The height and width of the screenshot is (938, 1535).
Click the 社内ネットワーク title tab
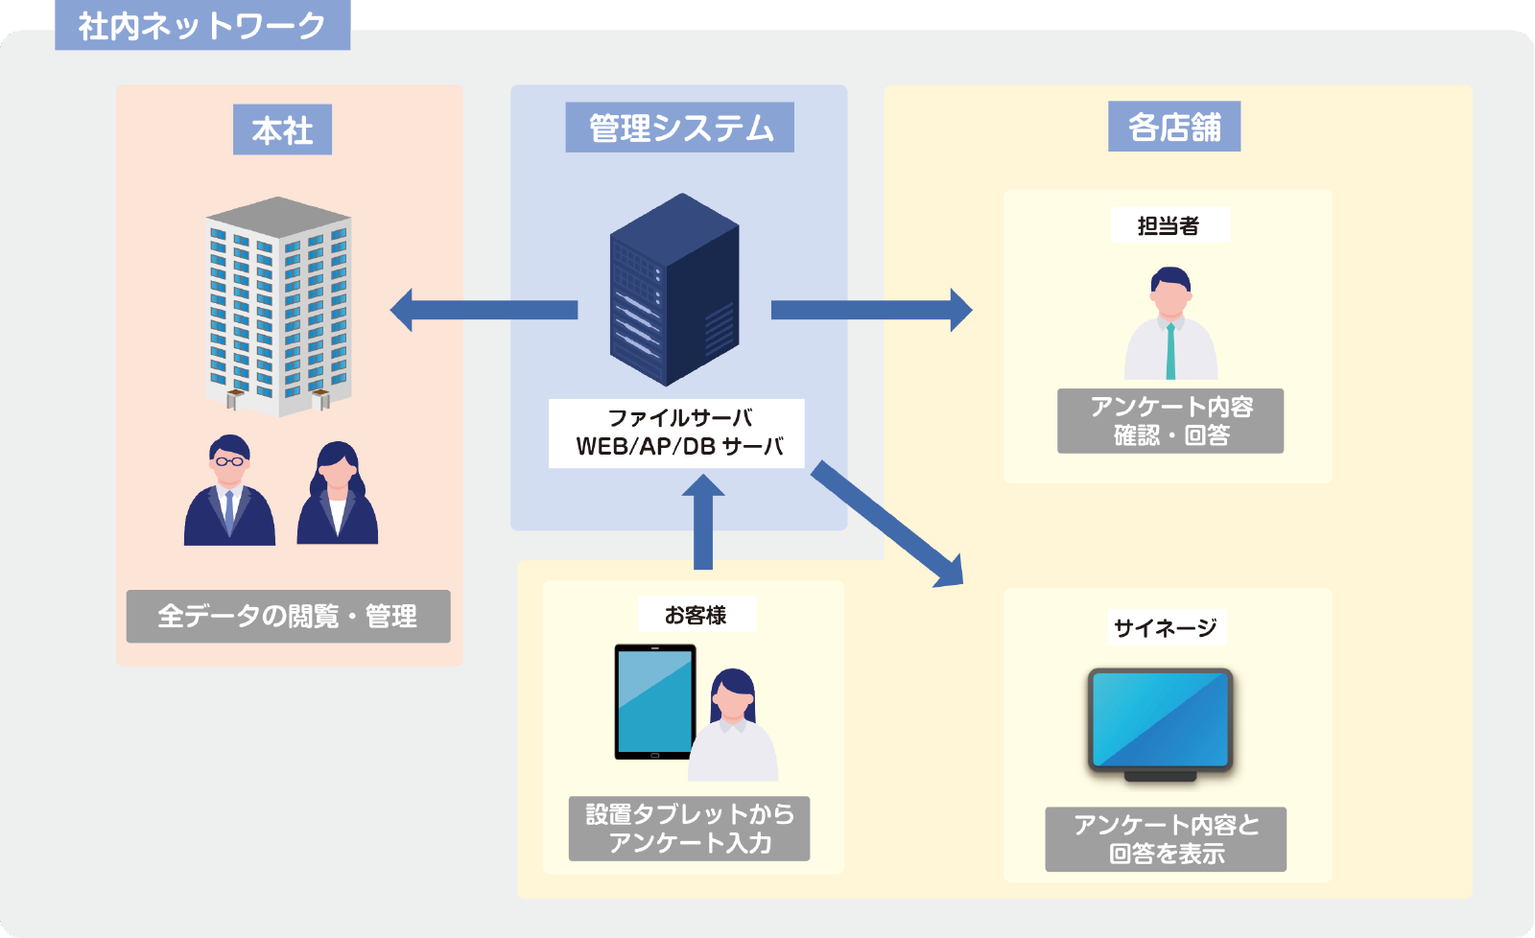[x=202, y=25]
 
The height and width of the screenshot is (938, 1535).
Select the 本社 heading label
[x=282, y=129]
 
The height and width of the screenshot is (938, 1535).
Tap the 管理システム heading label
[x=679, y=128]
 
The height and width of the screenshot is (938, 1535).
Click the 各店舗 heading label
[x=1173, y=127]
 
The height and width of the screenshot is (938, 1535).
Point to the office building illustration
[x=278, y=307]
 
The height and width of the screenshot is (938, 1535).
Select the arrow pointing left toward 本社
[x=484, y=310]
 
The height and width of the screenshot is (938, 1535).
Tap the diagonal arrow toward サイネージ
[x=886, y=524]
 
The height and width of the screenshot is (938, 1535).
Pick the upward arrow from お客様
[x=702, y=523]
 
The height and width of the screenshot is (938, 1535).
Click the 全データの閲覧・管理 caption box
[x=288, y=616]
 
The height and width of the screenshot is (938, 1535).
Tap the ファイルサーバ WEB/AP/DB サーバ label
[x=676, y=433]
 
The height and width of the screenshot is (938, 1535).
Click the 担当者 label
[x=1169, y=225]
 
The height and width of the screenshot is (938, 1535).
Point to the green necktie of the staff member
[x=1170, y=353]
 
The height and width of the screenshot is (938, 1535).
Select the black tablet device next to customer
[x=654, y=702]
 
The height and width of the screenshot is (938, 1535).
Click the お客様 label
[x=697, y=615]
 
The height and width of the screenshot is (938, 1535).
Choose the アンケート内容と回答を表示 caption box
[x=1166, y=839]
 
